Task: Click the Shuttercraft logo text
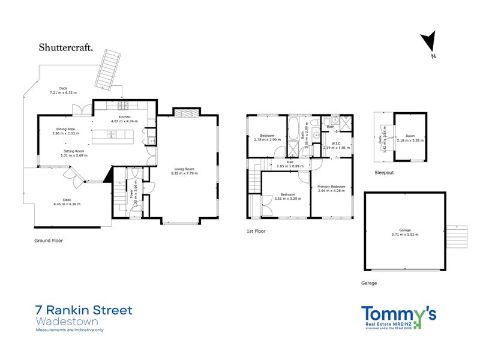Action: [x=66, y=47]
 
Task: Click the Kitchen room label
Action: [x=124, y=117]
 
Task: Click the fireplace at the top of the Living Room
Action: [x=183, y=112]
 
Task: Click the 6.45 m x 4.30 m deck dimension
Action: [x=68, y=204]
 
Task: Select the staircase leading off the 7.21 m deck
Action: [x=110, y=67]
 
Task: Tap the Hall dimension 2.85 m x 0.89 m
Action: [x=290, y=166]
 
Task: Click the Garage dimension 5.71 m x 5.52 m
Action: [x=404, y=233]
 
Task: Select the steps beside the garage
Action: [x=457, y=237]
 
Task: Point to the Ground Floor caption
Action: [x=49, y=240]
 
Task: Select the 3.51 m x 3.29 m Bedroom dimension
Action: [x=286, y=198]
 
